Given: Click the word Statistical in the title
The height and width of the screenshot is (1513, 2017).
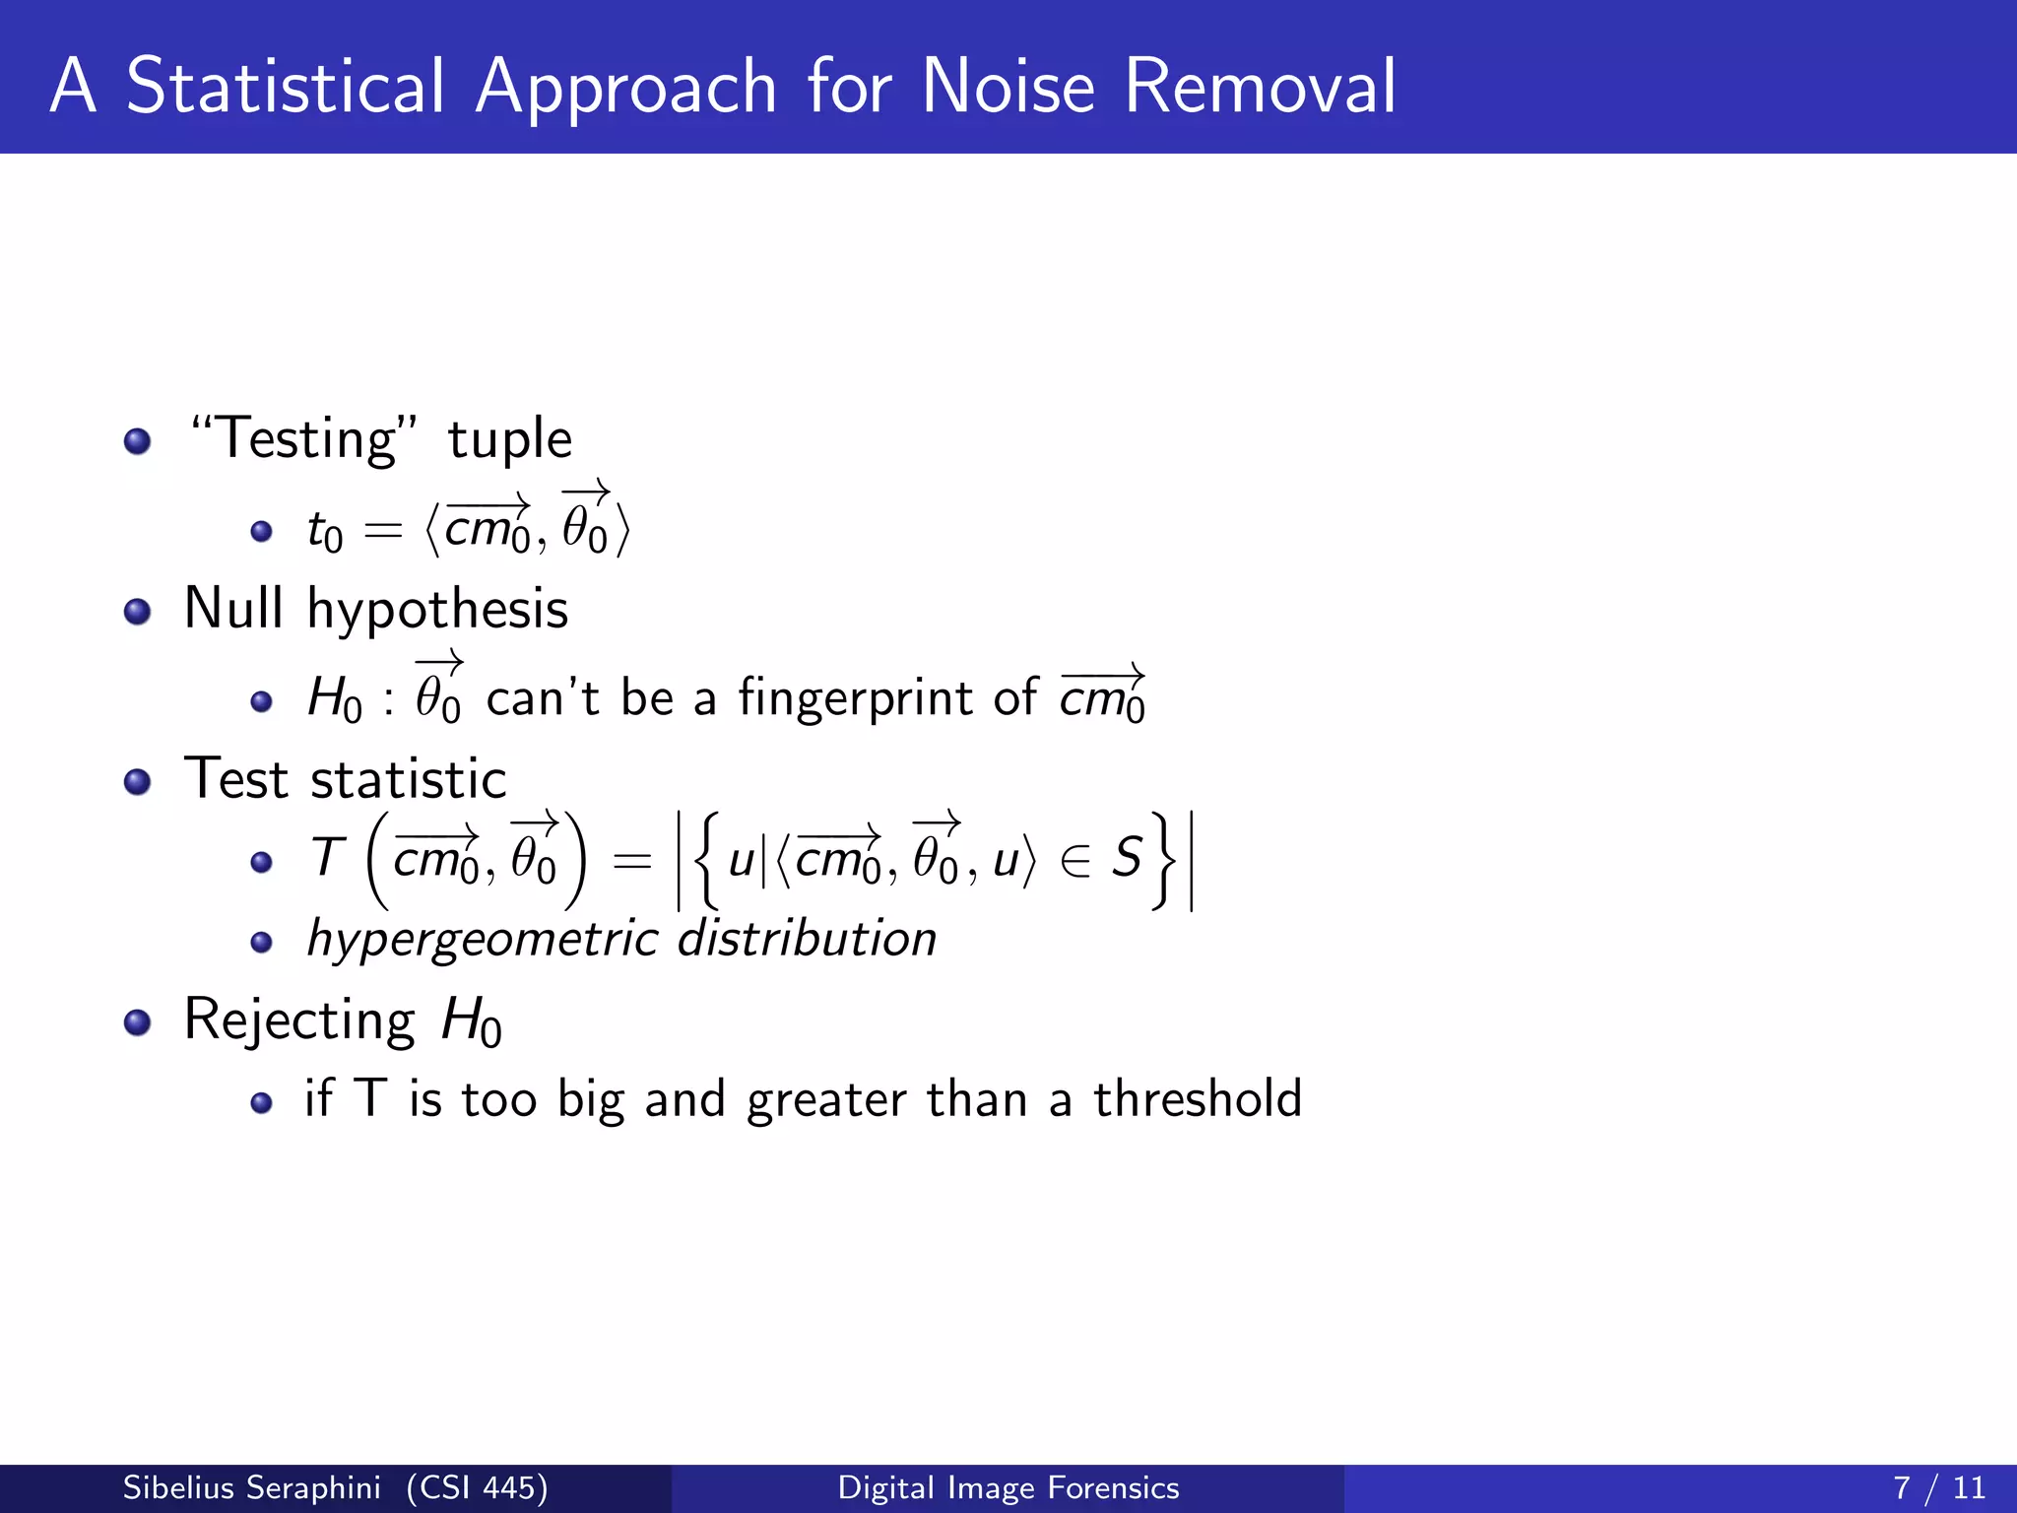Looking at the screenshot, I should click(286, 87).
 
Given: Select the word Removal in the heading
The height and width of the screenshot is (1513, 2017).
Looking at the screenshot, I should click(1260, 87).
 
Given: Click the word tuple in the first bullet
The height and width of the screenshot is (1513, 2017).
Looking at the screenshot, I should click(509, 439).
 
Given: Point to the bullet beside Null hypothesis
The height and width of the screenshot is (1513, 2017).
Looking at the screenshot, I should click(138, 612).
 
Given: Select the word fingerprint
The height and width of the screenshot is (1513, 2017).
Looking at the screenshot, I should click(856, 697).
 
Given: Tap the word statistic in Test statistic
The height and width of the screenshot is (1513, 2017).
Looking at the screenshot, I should click(408, 779).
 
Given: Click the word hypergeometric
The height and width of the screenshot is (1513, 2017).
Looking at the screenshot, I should click(483, 940).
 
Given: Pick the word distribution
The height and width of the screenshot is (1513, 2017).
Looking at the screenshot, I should click(808, 938).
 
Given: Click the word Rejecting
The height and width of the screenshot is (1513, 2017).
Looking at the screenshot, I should click(299, 1020).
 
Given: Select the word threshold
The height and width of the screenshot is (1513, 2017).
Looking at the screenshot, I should click(1198, 1098).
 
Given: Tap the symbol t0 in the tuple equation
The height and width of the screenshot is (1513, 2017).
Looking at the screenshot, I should click(324, 532).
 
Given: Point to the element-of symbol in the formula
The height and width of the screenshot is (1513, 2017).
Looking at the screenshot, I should click(1075, 861).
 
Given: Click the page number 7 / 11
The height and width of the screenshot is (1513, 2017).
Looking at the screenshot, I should click(1938, 1487).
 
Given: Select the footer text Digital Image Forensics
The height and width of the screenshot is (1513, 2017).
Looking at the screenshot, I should click(1008, 1487).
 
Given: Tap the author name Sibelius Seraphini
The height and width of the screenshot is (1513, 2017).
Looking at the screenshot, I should click(251, 1487).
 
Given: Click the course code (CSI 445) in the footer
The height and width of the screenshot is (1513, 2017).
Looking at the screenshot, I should click(477, 1487).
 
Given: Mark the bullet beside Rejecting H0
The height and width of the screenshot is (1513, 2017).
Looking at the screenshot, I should click(138, 1022).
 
